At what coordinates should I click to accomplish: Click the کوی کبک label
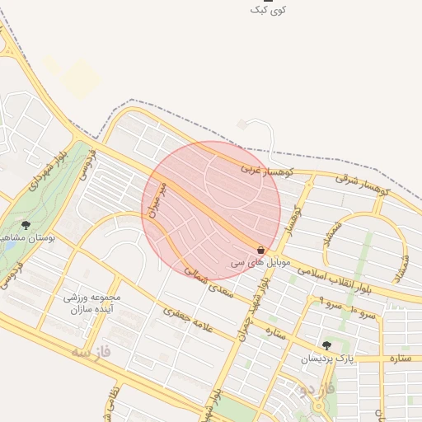[270, 10]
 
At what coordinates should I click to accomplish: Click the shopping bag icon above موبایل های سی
[260, 250]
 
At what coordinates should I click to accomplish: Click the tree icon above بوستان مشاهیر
[26, 224]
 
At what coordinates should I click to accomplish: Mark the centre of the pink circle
[211, 210]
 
